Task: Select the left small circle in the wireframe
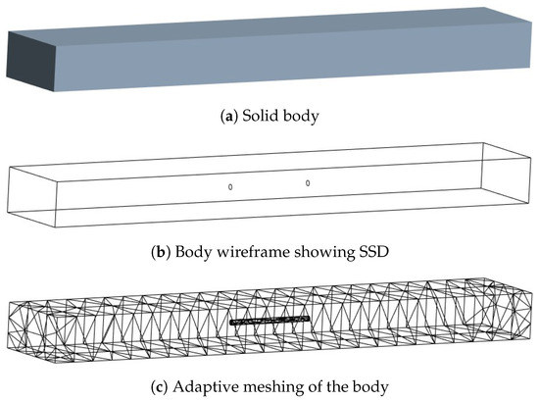click(x=230, y=186)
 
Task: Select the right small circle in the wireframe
click(x=308, y=183)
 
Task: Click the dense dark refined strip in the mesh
click(x=269, y=320)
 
